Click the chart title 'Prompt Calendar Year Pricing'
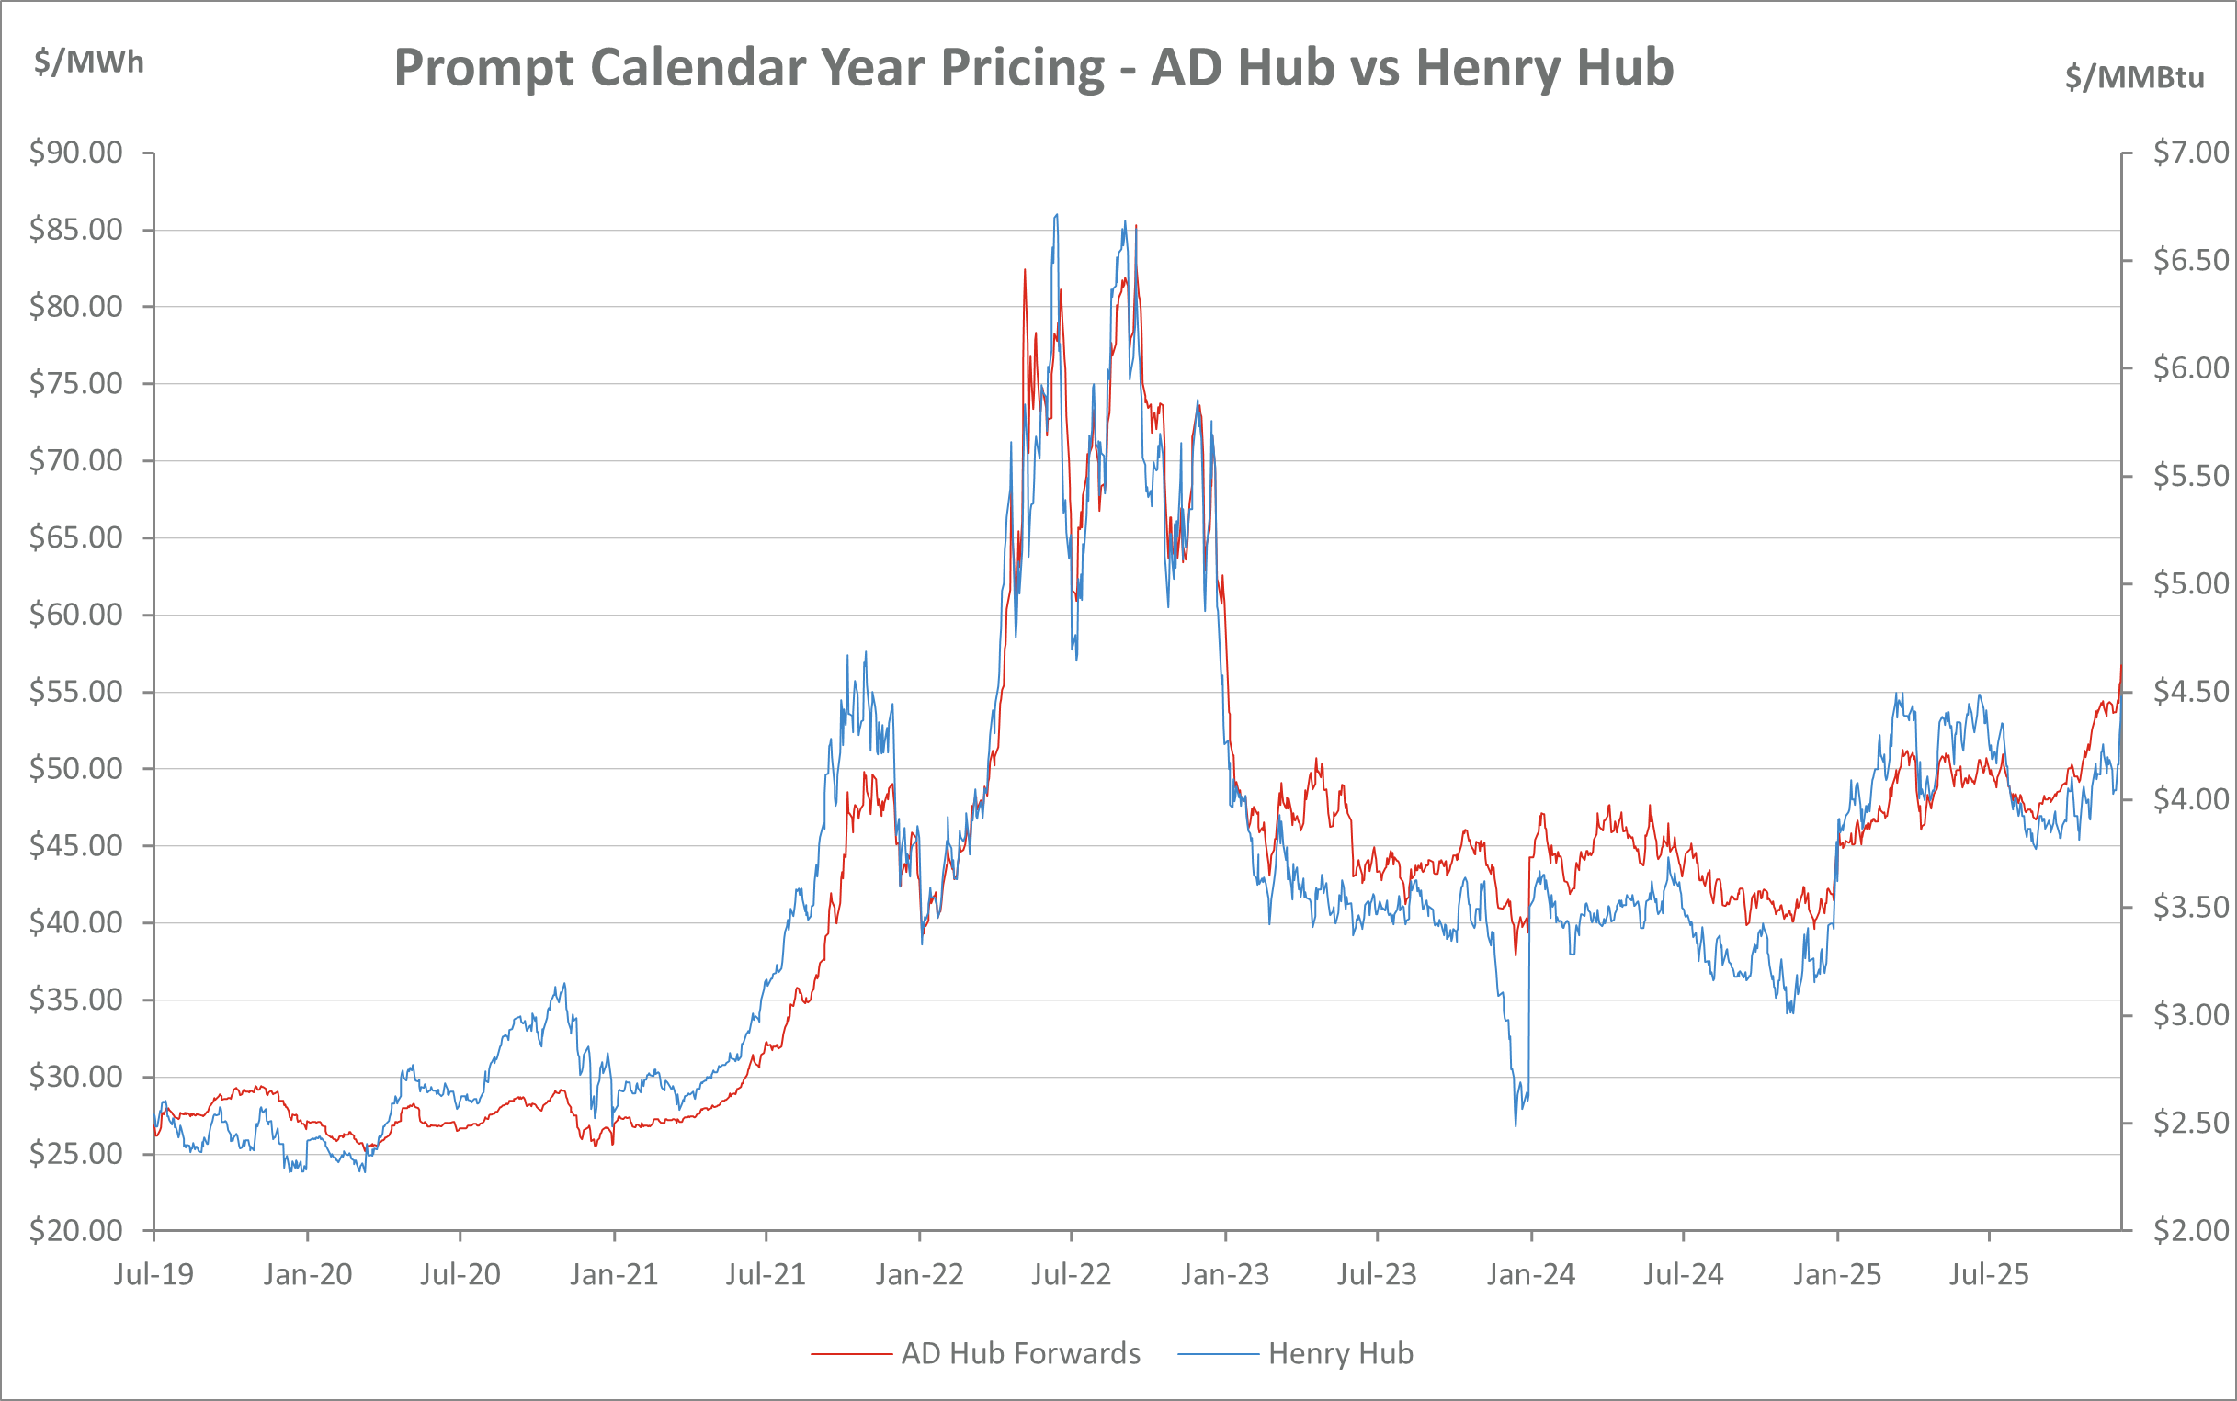(1033, 68)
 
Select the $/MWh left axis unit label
(89, 62)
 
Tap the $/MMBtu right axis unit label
(2134, 77)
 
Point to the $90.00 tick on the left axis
(76, 152)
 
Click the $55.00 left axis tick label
(76, 691)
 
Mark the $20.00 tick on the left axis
(76, 1230)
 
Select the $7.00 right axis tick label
(2191, 152)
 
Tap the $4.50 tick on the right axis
(2191, 691)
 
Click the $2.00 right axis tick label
(2191, 1230)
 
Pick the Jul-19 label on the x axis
(153, 1275)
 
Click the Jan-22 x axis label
(919, 1275)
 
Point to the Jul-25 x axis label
(1989, 1275)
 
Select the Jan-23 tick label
(1225, 1275)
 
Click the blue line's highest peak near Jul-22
(1057, 215)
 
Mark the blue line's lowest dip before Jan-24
(1516, 1124)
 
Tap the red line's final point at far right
(2121, 665)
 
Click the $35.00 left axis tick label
(76, 1000)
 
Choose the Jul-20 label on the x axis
(460, 1275)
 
